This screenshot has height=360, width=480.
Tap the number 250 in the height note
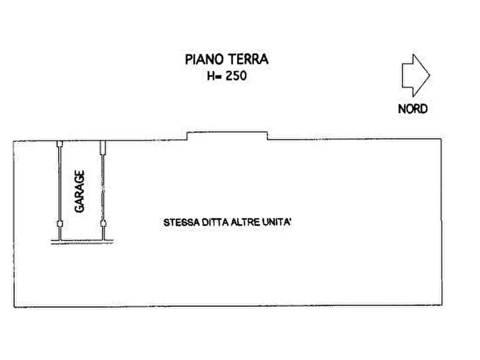coord(236,76)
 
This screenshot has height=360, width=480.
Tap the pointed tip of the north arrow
coord(429,76)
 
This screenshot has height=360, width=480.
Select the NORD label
coord(413,109)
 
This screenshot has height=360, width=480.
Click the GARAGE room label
coord(80,192)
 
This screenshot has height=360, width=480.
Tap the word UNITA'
coord(276,222)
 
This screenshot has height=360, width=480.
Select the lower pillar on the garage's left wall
coord(60,224)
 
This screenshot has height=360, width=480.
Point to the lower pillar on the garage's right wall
coord(103,224)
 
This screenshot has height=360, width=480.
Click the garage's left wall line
coord(60,183)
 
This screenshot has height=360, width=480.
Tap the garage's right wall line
coord(103,183)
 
